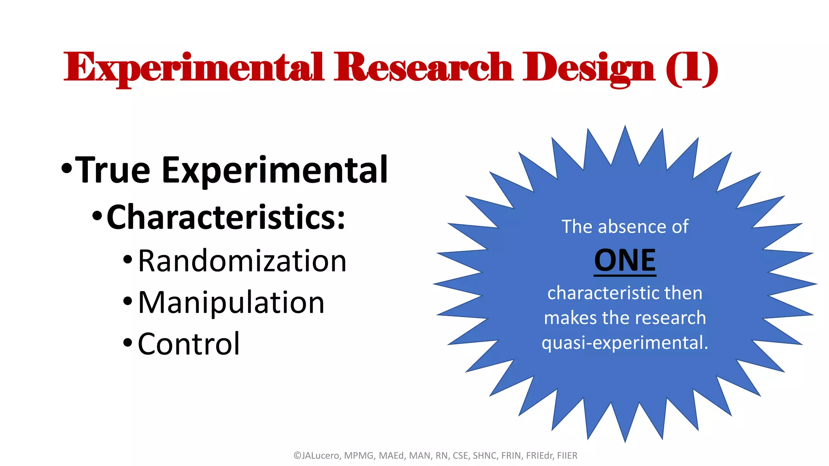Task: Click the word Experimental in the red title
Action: (x=193, y=68)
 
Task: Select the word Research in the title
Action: (x=423, y=68)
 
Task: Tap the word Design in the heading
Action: (x=588, y=68)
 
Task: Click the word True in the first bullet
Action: (x=113, y=170)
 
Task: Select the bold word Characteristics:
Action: (x=226, y=217)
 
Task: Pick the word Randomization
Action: (x=242, y=261)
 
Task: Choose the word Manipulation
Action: (x=231, y=303)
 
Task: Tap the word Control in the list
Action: (x=189, y=344)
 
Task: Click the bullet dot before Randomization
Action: (x=128, y=259)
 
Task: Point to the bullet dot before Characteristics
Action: (x=97, y=216)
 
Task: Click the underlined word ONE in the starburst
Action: (x=625, y=261)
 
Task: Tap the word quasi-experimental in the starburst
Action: (x=625, y=343)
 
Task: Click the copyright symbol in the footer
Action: (x=297, y=456)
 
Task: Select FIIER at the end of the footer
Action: (x=567, y=456)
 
